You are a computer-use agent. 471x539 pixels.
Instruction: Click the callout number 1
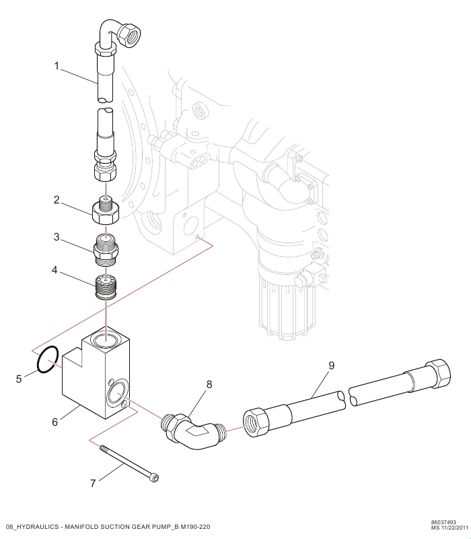pos(57,65)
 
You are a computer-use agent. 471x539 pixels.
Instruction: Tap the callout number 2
pos(57,199)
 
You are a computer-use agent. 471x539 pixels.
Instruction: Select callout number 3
pos(57,237)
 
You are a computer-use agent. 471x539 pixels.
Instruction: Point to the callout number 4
pos(55,270)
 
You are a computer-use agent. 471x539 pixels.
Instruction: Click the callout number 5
pos(19,379)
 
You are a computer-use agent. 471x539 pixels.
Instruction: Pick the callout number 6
pos(55,422)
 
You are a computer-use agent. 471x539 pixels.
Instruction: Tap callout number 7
pos(93,483)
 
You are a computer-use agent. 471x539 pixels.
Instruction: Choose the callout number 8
pos(209,384)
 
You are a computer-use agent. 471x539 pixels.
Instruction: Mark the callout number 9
pos(331,365)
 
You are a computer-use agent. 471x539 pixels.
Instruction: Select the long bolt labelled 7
pos(129,464)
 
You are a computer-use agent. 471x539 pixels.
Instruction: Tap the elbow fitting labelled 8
pos(194,431)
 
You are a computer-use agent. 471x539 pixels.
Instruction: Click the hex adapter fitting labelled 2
pos(106,211)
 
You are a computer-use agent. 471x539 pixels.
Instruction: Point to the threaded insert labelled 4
pos(106,287)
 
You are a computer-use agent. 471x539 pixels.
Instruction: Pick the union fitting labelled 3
pos(106,249)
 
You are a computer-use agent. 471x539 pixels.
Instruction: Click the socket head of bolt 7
pos(155,478)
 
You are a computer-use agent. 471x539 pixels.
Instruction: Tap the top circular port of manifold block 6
pos(106,340)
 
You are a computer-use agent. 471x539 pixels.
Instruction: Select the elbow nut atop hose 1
pos(129,34)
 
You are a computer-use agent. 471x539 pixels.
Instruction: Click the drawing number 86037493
pos(443,523)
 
